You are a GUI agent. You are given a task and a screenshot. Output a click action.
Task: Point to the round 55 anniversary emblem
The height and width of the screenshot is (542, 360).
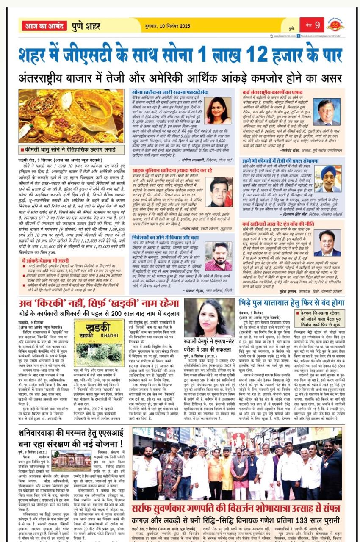(335, 25)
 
